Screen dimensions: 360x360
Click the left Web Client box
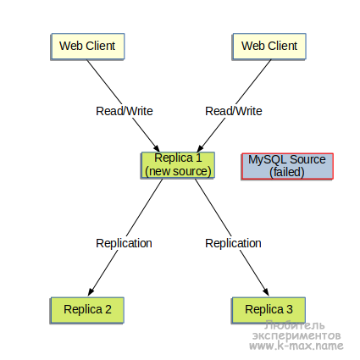(x=87, y=47)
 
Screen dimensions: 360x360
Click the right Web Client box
(x=269, y=47)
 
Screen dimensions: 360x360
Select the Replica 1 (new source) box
(x=178, y=165)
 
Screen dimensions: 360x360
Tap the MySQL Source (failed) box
(x=287, y=166)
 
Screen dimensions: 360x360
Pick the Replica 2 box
(x=87, y=310)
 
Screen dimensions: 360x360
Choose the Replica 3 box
(x=269, y=310)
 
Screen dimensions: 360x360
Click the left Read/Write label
(x=125, y=111)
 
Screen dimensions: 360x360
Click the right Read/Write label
(x=234, y=111)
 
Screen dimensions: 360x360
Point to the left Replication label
(x=124, y=243)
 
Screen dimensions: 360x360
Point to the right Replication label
(x=233, y=243)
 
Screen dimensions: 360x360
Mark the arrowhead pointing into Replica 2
(x=91, y=291)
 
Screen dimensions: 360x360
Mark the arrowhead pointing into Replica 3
(x=265, y=291)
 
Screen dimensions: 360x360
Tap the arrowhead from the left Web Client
(x=157, y=147)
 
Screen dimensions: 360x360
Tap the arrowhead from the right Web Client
(x=200, y=147)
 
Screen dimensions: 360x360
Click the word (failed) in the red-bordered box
(x=287, y=172)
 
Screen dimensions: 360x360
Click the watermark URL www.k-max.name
(x=296, y=346)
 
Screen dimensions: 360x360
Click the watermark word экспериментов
(x=296, y=335)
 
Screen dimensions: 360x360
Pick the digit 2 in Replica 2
(x=108, y=309)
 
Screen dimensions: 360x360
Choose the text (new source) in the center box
(x=178, y=171)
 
